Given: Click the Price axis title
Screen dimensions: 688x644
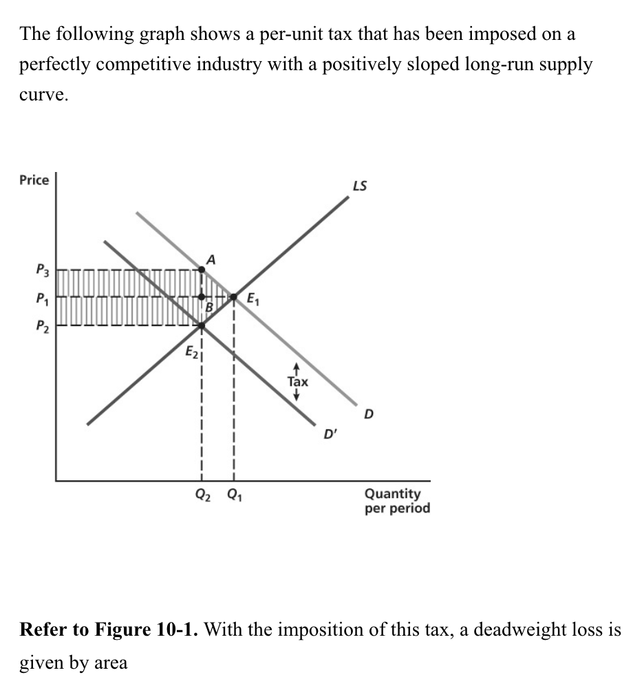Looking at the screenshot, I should pyautogui.click(x=34, y=180).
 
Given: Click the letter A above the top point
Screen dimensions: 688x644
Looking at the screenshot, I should pyautogui.click(x=211, y=259).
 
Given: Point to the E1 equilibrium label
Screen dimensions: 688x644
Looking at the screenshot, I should pyautogui.click(x=253, y=299).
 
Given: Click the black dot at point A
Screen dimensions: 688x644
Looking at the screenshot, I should pyautogui.click(x=201, y=270).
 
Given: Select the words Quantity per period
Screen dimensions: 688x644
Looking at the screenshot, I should pyautogui.click(x=397, y=501).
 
